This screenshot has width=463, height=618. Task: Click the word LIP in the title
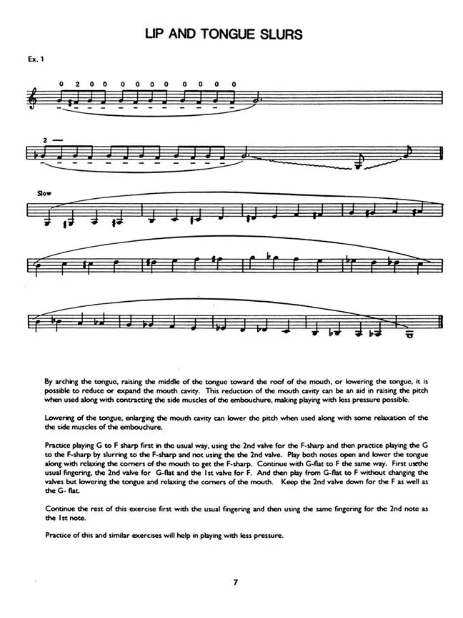[x=159, y=34]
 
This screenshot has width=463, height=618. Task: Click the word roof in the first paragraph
[x=274, y=383]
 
